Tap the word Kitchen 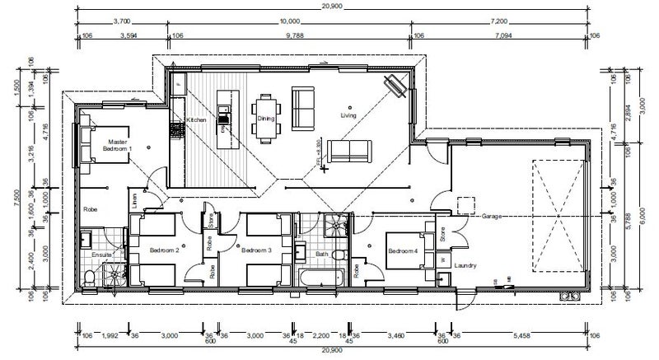click(x=196, y=121)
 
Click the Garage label click(x=493, y=216)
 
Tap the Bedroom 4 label click(x=403, y=250)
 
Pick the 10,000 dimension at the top click(x=289, y=20)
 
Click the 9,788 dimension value click(x=289, y=35)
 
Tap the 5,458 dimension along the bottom click(x=521, y=335)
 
